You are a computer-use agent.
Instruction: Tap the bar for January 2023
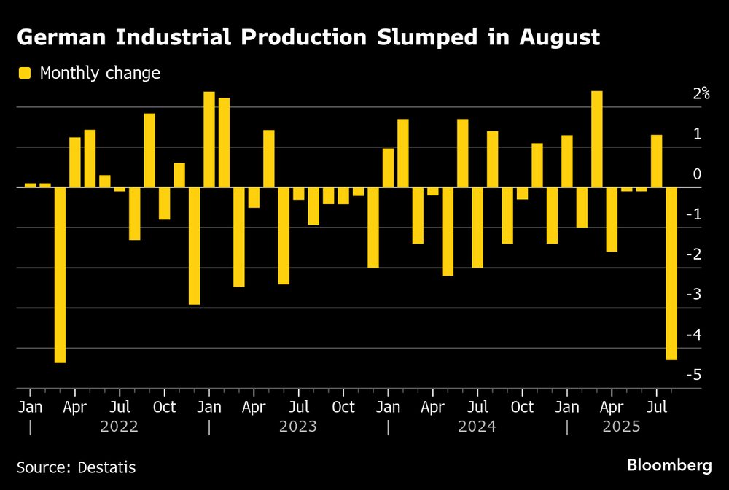point(209,139)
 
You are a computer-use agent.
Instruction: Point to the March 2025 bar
point(597,139)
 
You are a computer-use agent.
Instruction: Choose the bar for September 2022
point(149,150)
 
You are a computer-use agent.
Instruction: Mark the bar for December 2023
point(373,227)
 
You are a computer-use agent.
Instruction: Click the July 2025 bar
point(656,161)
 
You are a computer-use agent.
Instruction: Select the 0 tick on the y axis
point(697,174)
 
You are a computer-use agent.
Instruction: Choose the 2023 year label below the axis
point(298,427)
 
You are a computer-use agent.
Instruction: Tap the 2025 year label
point(621,427)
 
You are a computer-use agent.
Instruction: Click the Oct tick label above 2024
point(522,407)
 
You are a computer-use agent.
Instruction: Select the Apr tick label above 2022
point(75,407)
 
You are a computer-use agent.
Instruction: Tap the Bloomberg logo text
point(669,464)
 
